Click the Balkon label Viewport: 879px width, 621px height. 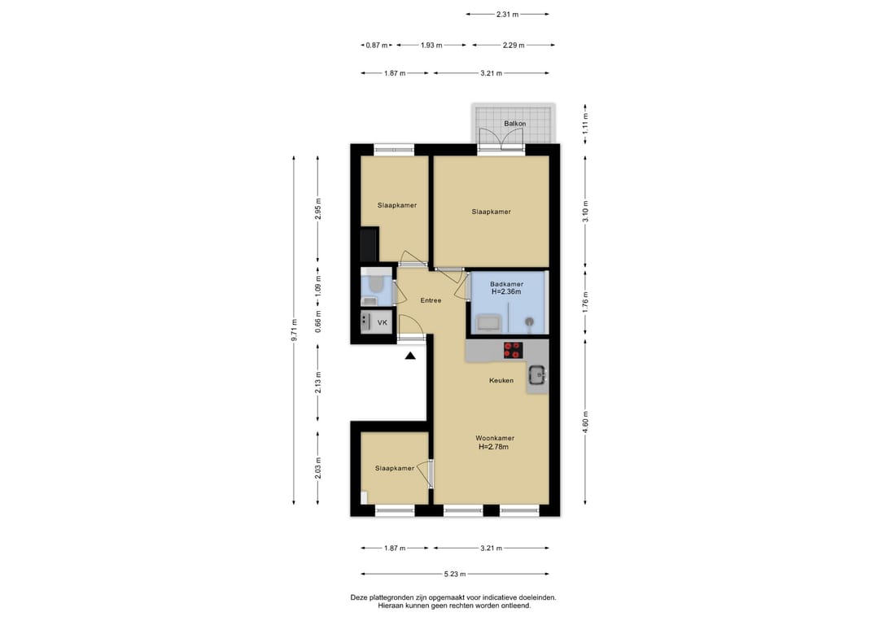[x=514, y=123]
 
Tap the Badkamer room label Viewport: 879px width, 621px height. [x=506, y=284]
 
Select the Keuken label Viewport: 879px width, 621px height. [x=501, y=381]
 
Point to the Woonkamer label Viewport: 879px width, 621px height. [x=495, y=439]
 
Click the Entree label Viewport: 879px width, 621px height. [x=431, y=300]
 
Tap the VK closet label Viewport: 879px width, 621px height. [x=383, y=323]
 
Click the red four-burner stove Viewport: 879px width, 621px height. [x=513, y=350]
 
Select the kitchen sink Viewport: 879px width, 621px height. [x=537, y=375]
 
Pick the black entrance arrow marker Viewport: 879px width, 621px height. [x=410, y=356]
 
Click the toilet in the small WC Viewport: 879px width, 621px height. [x=375, y=285]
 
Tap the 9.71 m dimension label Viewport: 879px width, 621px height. [x=294, y=330]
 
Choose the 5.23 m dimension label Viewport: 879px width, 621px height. [x=455, y=574]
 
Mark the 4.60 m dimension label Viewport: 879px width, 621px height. [x=585, y=422]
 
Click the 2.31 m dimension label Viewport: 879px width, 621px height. [x=507, y=15]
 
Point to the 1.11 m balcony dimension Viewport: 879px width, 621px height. [x=585, y=123]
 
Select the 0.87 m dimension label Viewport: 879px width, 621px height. [x=377, y=46]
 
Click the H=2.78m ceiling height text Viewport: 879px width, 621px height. [x=493, y=448]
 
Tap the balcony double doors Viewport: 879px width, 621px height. [x=501, y=140]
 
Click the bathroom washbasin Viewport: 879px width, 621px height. [x=485, y=324]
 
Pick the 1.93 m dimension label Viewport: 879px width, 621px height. [x=431, y=46]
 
